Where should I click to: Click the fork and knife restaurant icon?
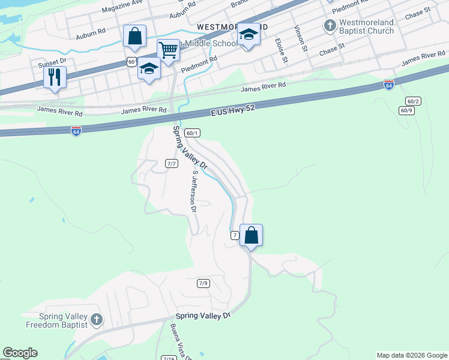tap(55, 77)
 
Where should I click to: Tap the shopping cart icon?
tap(169, 50)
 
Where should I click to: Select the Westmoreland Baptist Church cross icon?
tap(330, 26)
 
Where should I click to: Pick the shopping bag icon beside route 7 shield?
tap(252, 235)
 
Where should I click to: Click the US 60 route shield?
tap(131, 62)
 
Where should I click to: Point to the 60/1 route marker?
tap(192, 133)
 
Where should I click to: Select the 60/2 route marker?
tap(412, 101)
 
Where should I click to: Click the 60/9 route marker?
tap(406, 110)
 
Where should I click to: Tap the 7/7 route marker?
tap(172, 163)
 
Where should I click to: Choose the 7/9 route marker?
tap(203, 283)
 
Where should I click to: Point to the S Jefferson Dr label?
tap(193, 191)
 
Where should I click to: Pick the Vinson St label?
tap(301, 38)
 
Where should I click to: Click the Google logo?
tap(20, 353)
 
